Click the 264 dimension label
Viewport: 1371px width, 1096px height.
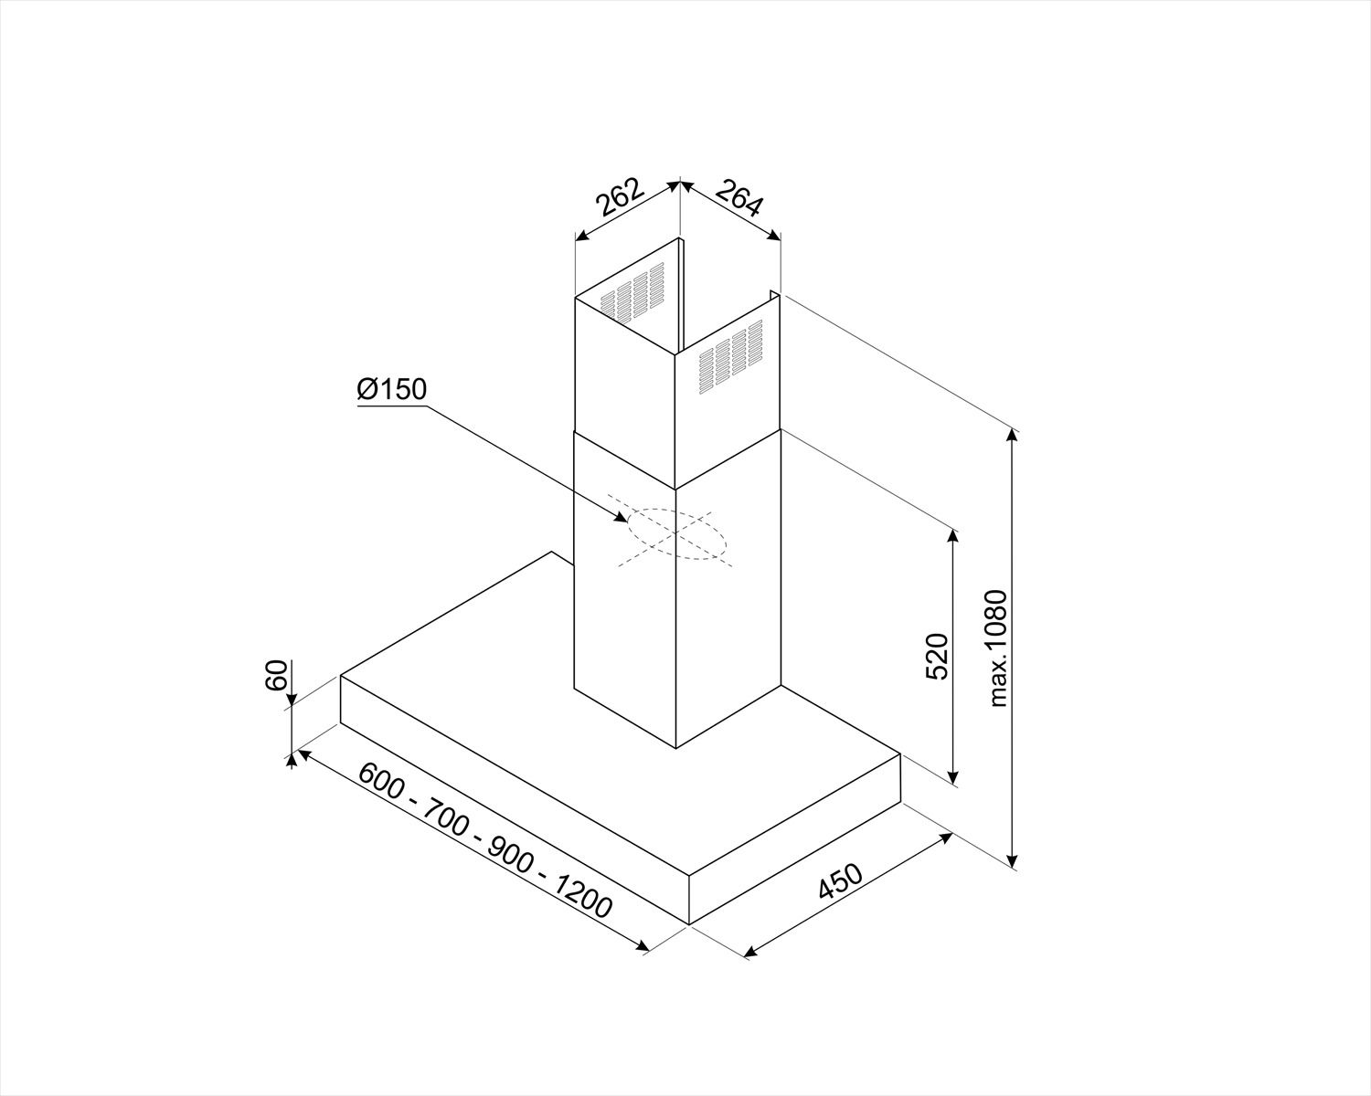(x=739, y=198)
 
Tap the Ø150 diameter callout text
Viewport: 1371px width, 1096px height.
(x=391, y=390)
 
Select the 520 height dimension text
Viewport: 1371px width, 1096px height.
(x=937, y=656)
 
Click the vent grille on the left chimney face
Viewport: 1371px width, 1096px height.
(x=632, y=292)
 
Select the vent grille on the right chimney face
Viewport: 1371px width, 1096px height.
(x=729, y=356)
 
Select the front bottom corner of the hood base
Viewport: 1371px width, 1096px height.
(x=688, y=924)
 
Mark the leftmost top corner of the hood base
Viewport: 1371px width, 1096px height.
(x=340, y=675)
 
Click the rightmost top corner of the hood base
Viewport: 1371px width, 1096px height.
(x=900, y=753)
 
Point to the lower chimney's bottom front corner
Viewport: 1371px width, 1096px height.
(x=675, y=749)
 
